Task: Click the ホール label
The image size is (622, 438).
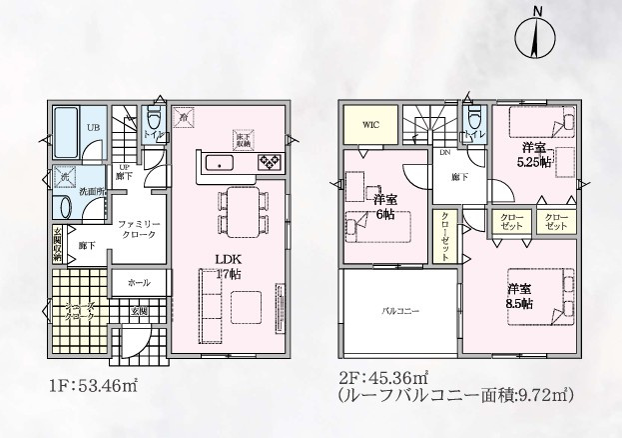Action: pyautogui.click(x=139, y=283)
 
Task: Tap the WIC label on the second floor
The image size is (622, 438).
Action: pyautogui.click(x=371, y=126)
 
